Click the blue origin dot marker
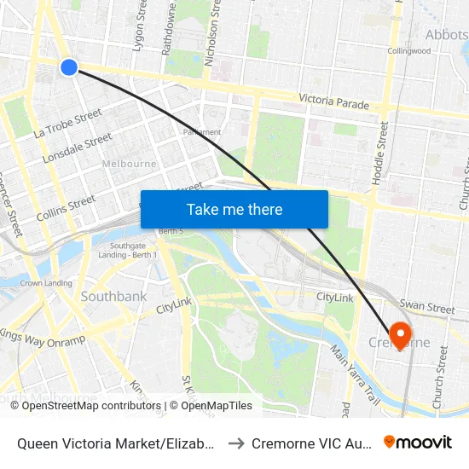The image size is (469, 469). [69, 67]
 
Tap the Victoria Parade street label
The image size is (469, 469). [333, 102]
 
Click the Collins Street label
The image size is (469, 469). [66, 208]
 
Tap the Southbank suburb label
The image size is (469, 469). [113, 297]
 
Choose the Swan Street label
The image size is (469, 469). [427, 306]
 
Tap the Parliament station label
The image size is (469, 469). [202, 132]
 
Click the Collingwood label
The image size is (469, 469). [409, 50]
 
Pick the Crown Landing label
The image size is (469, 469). [46, 283]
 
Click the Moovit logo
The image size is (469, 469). [418, 442]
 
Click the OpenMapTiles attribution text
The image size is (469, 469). [211, 406]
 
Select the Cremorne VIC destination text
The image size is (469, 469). [312, 443]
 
